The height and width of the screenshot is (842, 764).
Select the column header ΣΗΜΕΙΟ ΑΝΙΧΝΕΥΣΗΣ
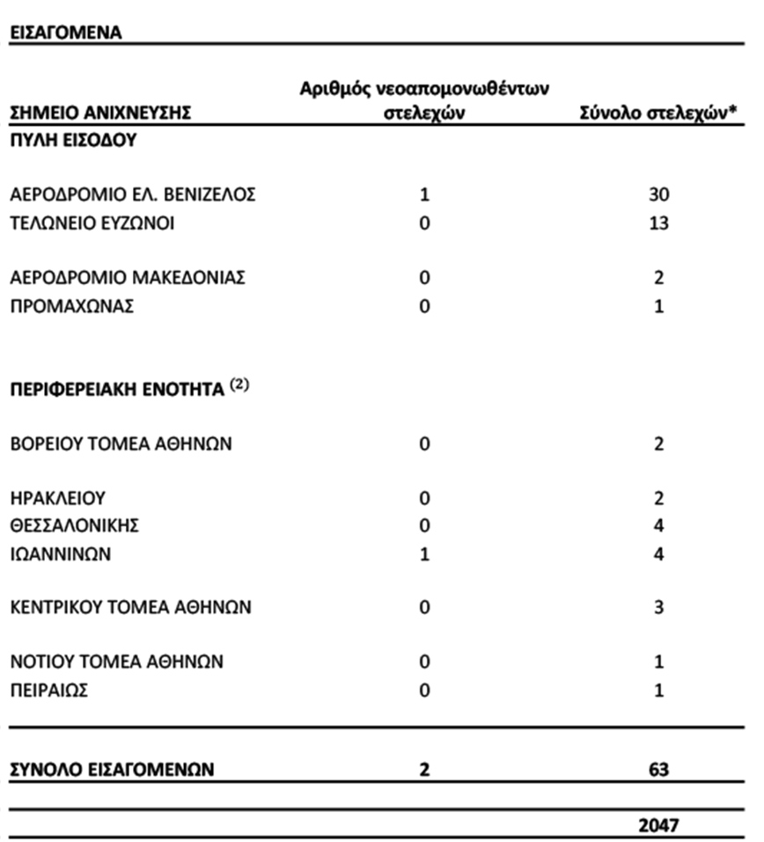(100, 113)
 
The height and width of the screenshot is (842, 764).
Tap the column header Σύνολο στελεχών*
(657, 113)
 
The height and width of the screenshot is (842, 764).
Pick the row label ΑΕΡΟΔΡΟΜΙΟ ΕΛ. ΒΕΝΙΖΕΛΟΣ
(133, 194)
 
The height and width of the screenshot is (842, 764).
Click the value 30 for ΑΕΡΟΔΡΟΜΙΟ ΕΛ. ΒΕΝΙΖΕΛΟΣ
(658, 194)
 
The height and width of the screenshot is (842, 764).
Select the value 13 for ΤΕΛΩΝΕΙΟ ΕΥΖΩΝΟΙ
(658, 223)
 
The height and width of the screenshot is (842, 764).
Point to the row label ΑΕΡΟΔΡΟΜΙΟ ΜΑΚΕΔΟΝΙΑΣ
(128, 278)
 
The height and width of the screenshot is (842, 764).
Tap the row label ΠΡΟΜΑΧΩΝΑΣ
(72, 307)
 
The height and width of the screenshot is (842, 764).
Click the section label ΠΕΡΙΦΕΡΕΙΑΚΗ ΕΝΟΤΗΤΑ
(118, 390)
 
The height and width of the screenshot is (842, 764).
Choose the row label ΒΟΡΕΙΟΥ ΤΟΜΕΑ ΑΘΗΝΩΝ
(121, 443)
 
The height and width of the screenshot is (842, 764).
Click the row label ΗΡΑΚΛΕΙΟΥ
(58, 498)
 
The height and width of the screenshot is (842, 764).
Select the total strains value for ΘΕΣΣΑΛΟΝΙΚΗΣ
(658, 527)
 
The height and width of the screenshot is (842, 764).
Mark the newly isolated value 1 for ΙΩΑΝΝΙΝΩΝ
(424, 555)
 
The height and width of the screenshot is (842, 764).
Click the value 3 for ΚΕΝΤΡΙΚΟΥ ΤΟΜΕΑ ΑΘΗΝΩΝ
(658, 608)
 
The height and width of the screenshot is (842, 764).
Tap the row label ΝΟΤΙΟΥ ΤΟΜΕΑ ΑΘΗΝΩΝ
(117, 662)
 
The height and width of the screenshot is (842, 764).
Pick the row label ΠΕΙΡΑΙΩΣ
(49, 691)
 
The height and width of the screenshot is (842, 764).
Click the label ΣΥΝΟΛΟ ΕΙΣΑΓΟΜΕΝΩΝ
(113, 770)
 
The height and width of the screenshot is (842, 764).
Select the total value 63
(658, 770)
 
